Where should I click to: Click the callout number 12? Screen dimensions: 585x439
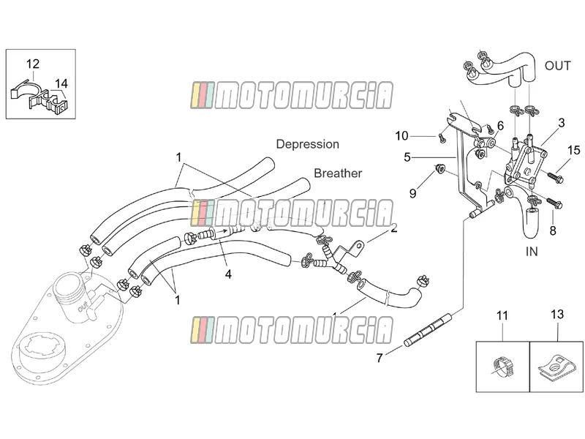click(33, 64)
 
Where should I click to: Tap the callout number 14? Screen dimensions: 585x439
click(61, 83)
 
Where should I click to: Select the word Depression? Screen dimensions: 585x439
click(307, 144)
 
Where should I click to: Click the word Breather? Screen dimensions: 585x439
click(338, 173)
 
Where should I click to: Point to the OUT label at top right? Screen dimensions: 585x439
click(557, 66)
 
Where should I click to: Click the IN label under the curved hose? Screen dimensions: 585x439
click(532, 252)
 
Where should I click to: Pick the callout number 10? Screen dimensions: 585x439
click(401, 136)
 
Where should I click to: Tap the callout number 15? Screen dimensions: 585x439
click(574, 150)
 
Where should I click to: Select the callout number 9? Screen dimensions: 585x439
click(412, 193)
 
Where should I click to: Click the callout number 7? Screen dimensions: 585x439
click(380, 358)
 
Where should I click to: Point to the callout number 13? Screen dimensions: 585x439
click(557, 315)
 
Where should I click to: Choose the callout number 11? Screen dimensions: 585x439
click(502, 315)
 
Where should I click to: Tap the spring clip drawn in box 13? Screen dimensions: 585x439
click(555, 367)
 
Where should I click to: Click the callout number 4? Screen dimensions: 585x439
click(228, 274)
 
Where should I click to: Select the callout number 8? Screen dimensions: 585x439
click(553, 230)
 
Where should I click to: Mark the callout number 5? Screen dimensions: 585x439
click(407, 157)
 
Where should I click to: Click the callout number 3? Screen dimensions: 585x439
click(562, 123)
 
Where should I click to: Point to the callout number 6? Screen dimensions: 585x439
click(500, 126)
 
